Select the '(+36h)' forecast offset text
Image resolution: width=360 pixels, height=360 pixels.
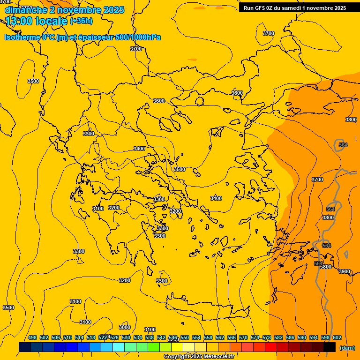[81, 21]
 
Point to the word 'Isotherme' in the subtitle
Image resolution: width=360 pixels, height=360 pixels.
[22, 37]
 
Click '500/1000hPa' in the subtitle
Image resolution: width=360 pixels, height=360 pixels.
[141, 37]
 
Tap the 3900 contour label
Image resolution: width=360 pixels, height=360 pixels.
[345, 271]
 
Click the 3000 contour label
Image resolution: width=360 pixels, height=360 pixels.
[125, 327]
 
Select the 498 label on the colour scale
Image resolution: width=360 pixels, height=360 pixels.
[32, 337]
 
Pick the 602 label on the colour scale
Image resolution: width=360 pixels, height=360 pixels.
[337, 337]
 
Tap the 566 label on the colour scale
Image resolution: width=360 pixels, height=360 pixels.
[232, 337]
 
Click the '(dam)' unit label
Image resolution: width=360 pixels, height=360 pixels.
[347, 348]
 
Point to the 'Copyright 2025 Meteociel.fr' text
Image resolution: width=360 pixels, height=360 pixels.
[199, 357]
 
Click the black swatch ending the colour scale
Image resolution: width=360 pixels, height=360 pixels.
[330, 347]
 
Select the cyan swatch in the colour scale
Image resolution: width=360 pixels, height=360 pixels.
[119, 347]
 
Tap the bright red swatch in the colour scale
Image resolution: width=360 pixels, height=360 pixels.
[271, 347]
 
